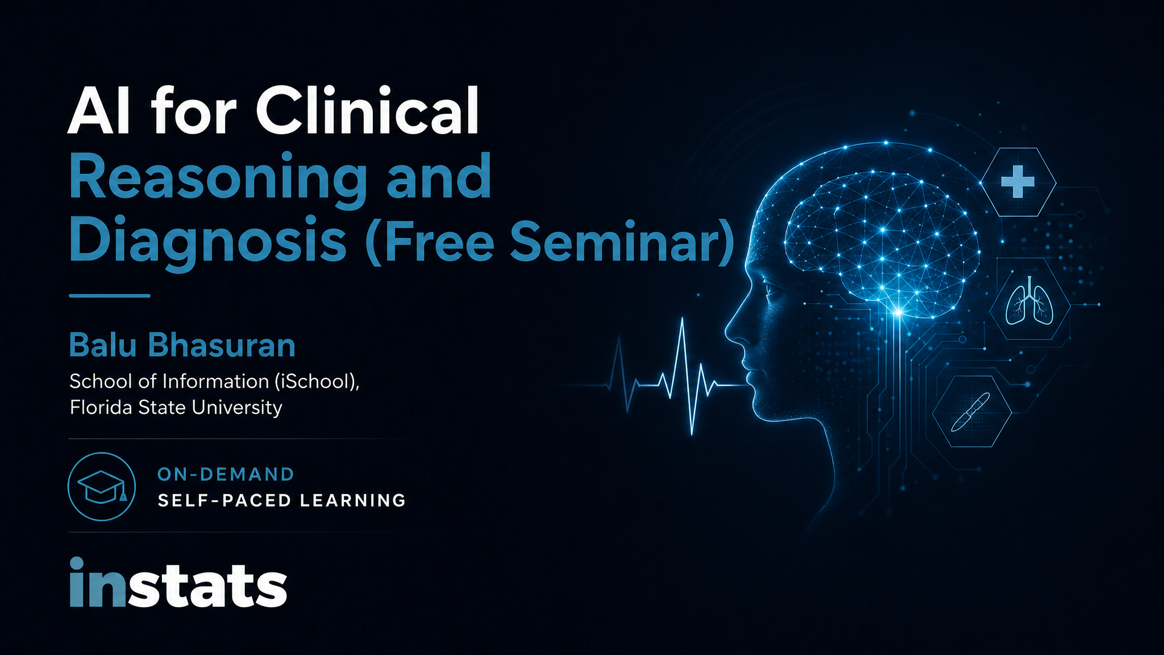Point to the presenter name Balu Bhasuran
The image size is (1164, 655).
coord(182,345)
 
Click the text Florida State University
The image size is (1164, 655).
coord(176,408)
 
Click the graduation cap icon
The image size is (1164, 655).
coord(102,487)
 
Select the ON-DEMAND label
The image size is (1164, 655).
coord(226,474)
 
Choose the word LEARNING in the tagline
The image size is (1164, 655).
coord(352,500)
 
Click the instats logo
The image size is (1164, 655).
coord(178,583)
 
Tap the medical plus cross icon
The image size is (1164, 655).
coord(1017,182)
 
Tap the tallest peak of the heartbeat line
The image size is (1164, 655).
coord(682,318)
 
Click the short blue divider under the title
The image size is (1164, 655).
coord(110,296)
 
